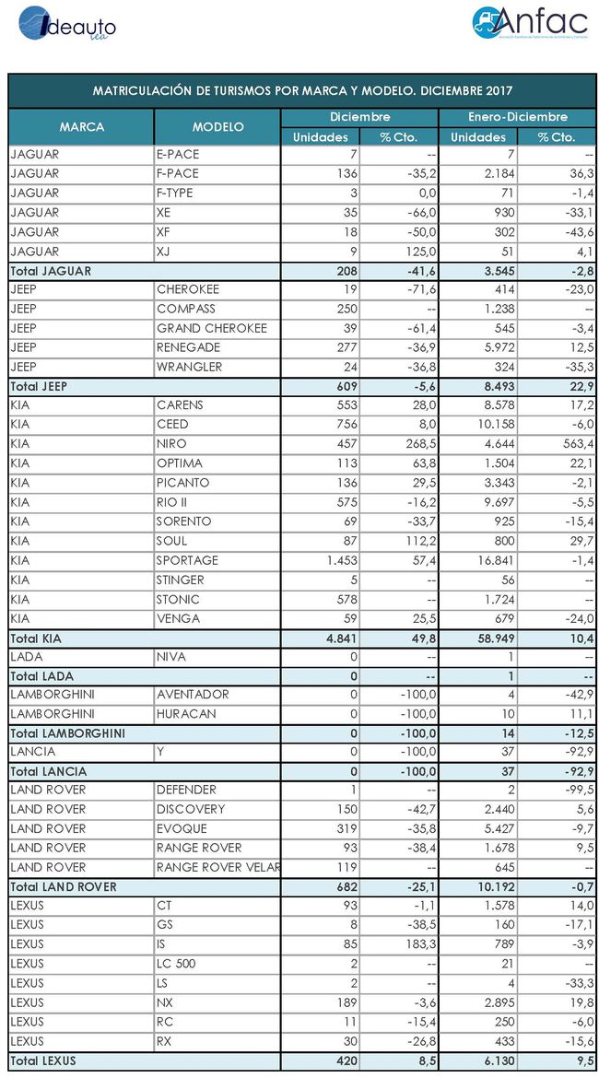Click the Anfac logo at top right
529,24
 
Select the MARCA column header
81,127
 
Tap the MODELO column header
218,127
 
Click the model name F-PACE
179,173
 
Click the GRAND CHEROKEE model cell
212,328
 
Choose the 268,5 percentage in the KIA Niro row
403,444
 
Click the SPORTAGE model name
187,560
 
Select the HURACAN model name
186,714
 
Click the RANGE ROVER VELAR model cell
218,867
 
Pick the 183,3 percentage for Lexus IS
403,944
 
